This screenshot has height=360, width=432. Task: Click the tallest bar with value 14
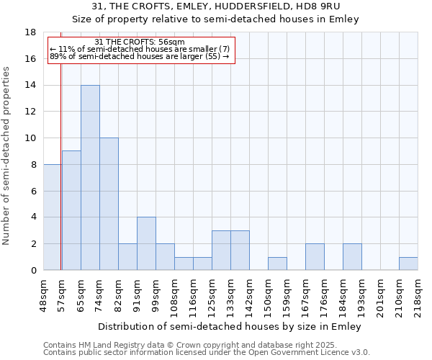click(90, 178)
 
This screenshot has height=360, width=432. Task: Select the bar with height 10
click(109, 204)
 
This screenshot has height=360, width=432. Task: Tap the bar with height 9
click(71, 210)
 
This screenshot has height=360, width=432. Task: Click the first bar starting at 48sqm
click(52, 217)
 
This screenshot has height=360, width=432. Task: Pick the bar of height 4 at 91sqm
click(146, 243)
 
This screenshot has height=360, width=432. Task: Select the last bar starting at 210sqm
click(408, 264)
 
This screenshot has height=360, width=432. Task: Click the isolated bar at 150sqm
click(277, 264)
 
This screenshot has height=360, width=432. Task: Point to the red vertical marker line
click(61, 166)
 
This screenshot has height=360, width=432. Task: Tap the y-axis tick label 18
click(31, 32)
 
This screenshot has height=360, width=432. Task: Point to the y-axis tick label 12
click(31, 112)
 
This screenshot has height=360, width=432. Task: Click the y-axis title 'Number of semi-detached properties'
click(6, 156)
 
